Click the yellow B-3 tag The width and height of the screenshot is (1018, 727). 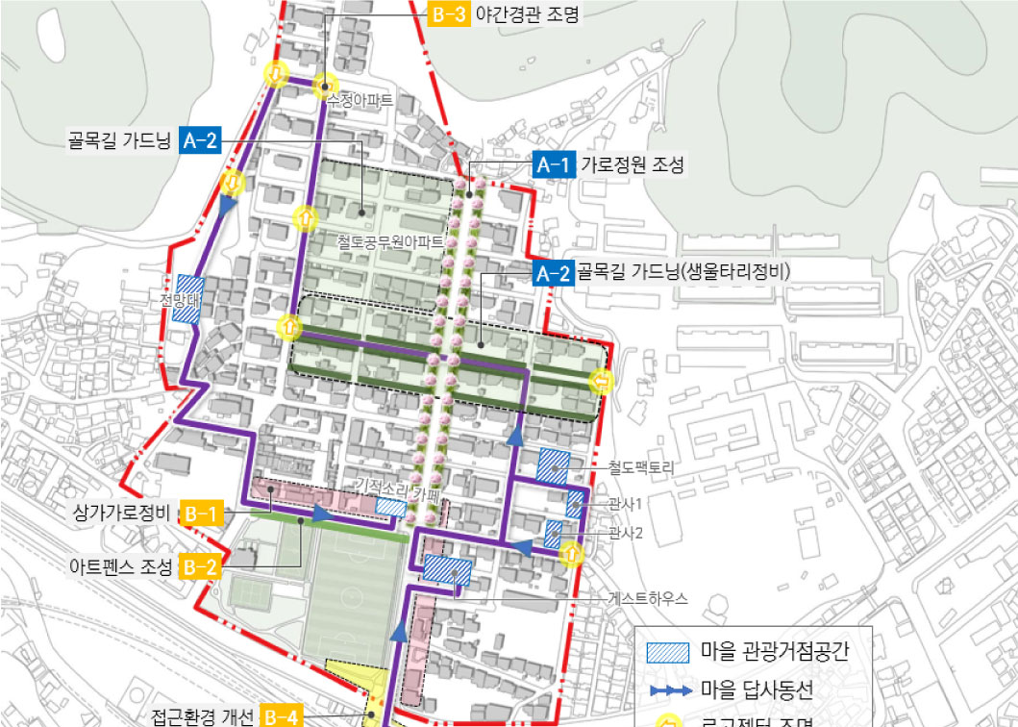(x=448, y=14)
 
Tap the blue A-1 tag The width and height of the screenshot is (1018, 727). (x=553, y=165)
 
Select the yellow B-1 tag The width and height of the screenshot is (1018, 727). (x=201, y=513)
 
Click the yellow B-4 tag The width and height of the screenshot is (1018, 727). (x=282, y=716)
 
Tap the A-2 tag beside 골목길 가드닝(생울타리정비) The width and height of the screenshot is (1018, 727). (x=553, y=273)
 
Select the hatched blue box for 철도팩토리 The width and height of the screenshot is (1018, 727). (x=553, y=465)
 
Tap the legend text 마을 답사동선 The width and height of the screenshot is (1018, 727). (x=757, y=689)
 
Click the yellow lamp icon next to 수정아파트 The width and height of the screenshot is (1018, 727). (x=327, y=85)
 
